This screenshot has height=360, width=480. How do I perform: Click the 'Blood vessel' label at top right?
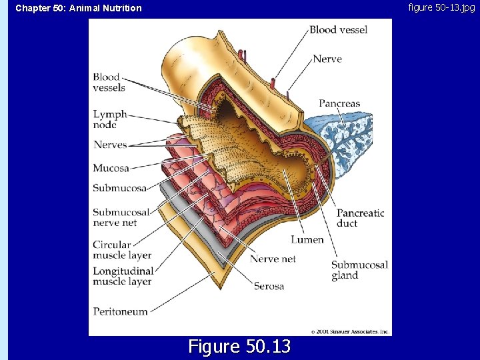pos(338,29)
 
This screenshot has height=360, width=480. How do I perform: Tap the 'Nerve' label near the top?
pos(327,59)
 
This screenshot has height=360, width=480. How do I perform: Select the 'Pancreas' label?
pos(339,103)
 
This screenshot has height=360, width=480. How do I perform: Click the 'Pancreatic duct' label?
pos(360,218)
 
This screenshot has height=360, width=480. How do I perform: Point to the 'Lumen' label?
pos(307,239)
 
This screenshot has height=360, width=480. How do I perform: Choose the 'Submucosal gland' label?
pos(359,270)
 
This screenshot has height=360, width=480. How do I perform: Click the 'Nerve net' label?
pos(273,259)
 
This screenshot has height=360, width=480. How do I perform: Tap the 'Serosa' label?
pos(269,286)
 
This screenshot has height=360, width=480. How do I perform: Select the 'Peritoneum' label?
pos(120,311)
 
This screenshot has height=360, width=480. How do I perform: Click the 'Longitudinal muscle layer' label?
pos(123,276)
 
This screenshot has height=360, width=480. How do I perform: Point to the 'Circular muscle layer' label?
pos(122,250)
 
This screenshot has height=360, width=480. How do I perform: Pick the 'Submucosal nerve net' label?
pos(121,217)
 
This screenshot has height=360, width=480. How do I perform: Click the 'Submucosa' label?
pos(119,188)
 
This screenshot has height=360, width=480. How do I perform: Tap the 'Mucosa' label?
pos(111,168)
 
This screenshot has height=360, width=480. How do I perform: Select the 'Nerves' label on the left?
pos(110,145)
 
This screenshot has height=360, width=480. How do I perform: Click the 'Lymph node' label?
pos(109,119)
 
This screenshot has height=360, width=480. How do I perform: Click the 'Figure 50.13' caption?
pos(239,347)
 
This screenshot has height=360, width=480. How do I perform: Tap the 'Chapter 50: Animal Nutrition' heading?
pos(79,8)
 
